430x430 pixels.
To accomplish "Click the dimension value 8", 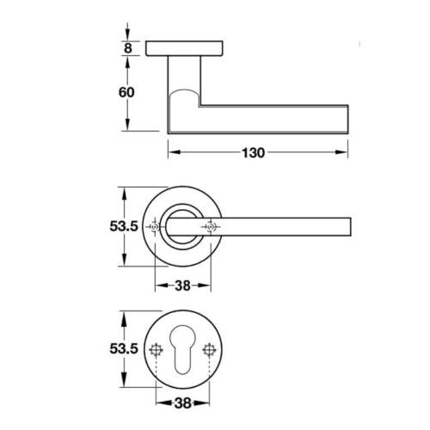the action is [x=127, y=48].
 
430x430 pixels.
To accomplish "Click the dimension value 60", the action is [x=126, y=92].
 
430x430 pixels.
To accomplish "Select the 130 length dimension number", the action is [x=254, y=153].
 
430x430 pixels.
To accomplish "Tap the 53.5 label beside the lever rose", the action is [x=124, y=226].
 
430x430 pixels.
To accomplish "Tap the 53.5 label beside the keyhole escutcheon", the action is [x=124, y=349].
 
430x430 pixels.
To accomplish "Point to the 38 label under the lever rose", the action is [x=182, y=286].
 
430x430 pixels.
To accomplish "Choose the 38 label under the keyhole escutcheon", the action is [x=182, y=403].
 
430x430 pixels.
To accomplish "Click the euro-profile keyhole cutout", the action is [x=182, y=349].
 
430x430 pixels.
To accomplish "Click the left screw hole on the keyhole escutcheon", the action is [x=157, y=350].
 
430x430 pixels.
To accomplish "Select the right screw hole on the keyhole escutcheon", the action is [x=209, y=350].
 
